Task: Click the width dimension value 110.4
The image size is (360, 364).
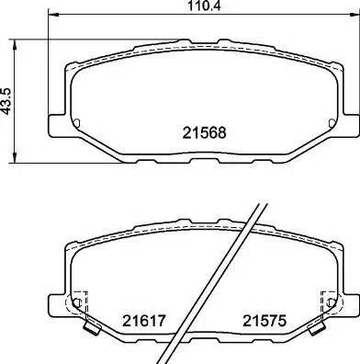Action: tap(204, 6)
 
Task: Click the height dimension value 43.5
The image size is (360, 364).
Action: tap(6, 101)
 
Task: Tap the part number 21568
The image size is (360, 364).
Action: tap(204, 133)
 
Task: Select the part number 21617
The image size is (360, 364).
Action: tap(144, 321)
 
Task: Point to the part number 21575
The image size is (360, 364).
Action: tap(264, 321)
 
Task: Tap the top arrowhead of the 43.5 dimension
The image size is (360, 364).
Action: tap(14, 44)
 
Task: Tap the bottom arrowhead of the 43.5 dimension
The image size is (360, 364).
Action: tap(14, 158)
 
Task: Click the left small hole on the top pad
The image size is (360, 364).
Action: tap(76, 122)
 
